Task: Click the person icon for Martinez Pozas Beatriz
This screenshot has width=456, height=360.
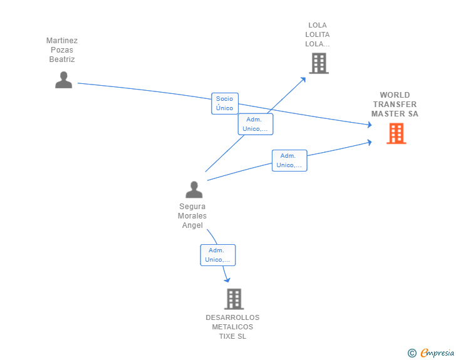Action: pos(64,80)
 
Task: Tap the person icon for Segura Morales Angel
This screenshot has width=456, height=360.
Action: pos(194,190)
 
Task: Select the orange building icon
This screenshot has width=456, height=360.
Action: pos(396,133)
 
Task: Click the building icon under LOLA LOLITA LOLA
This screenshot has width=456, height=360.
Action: pos(319,63)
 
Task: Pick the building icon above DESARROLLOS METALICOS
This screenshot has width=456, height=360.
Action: pos(234,299)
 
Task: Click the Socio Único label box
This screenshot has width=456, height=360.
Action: pos(225,103)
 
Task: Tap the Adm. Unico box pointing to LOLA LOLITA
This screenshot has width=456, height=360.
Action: pos(256,124)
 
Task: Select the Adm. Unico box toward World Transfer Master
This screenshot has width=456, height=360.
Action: pos(289,160)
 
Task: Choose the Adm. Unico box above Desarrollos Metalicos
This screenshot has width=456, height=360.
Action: pos(218,255)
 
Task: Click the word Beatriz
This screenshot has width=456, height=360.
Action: pos(62,59)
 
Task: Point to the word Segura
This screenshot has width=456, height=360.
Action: pos(192,207)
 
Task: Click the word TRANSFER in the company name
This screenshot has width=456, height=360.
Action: pos(395,105)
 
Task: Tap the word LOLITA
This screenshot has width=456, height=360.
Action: pos(318,34)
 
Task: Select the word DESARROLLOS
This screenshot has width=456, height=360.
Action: pos(232,317)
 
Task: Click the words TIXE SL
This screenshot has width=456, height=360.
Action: pos(232,336)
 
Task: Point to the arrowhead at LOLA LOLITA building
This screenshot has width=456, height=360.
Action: pos(303,80)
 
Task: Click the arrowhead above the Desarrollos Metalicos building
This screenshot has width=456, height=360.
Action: pos(227,280)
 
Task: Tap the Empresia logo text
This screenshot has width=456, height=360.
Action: pos(437,352)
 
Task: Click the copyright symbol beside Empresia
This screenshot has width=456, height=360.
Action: pos(412,353)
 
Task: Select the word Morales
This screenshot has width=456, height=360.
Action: pos(192,216)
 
